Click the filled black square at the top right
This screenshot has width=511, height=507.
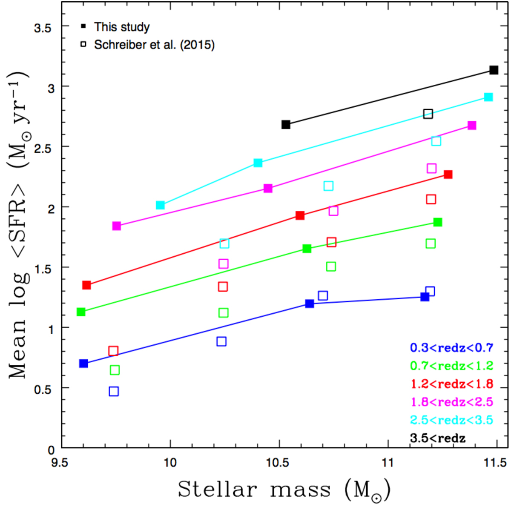click(x=494, y=70)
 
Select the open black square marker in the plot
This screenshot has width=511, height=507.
click(x=428, y=114)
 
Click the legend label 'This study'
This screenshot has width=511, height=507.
click(x=122, y=27)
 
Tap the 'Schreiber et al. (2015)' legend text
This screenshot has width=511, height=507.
click(x=154, y=45)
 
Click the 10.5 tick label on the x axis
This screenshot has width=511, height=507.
click(x=278, y=462)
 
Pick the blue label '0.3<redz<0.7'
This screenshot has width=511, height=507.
click(x=451, y=348)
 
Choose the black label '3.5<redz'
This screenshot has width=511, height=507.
click(x=438, y=438)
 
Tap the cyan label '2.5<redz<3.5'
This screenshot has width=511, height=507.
click(x=451, y=420)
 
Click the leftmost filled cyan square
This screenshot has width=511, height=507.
click(x=160, y=205)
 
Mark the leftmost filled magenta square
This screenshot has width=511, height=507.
click(x=116, y=226)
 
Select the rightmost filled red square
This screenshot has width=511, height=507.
click(x=448, y=175)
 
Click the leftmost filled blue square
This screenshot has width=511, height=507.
click(x=83, y=364)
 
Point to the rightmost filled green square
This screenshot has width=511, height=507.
click(x=438, y=222)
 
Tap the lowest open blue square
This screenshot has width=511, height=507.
click(x=114, y=391)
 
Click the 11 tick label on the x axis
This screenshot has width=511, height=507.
click(x=388, y=462)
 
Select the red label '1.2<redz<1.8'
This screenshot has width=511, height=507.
click(x=451, y=384)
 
